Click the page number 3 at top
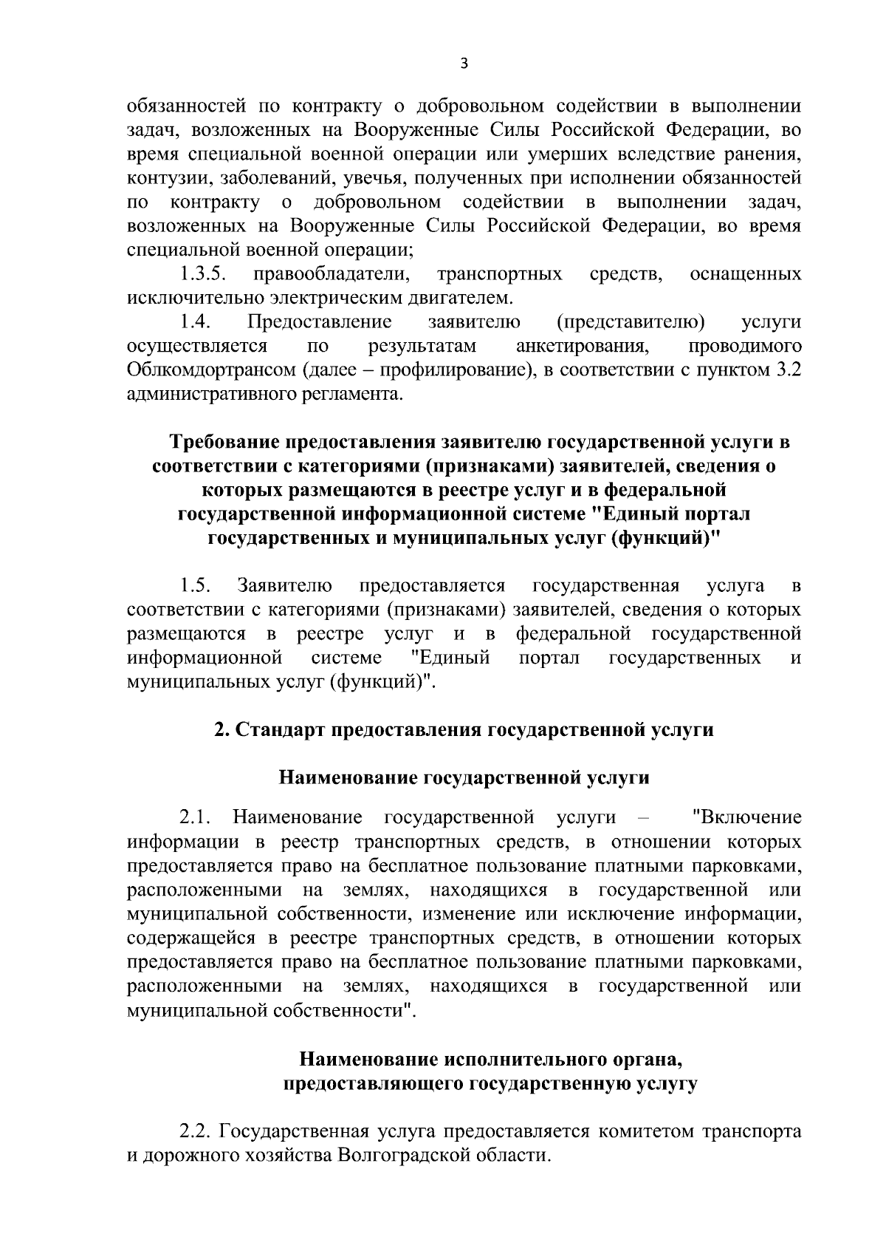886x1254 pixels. [x=463, y=64]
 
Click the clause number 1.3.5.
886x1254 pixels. [x=203, y=275]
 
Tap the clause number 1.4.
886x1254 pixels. [x=196, y=322]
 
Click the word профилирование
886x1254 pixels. [x=457, y=370]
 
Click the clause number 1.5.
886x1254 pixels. [x=196, y=587]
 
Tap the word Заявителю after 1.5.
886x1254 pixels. [x=284, y=587]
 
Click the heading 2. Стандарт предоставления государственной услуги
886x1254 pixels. [x=464, y=730]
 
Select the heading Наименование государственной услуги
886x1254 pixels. [x=464, y=778]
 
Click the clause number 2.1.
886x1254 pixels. [x=196, y=818]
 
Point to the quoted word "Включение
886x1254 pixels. [x=747, y=818]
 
